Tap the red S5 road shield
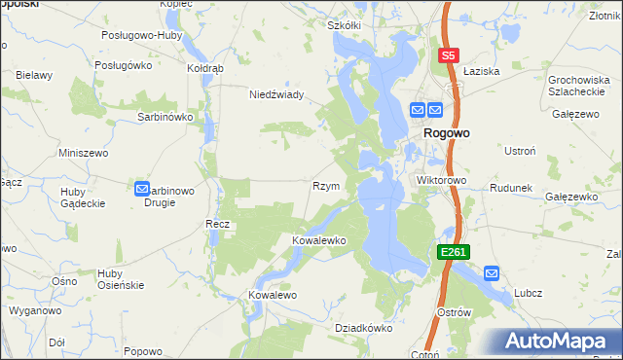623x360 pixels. [448, 56]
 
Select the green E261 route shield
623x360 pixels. [454, 252]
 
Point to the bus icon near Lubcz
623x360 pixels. [492, 274]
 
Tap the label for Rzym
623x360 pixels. [325, 186]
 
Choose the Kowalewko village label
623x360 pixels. [319, 239]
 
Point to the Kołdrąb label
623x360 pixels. [205, 69]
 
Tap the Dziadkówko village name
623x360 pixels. [363, 328]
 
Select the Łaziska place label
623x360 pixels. [481, 72]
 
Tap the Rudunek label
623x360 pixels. [509, 188]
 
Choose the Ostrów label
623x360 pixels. [455, 312]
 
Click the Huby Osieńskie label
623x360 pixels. [121, 278]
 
